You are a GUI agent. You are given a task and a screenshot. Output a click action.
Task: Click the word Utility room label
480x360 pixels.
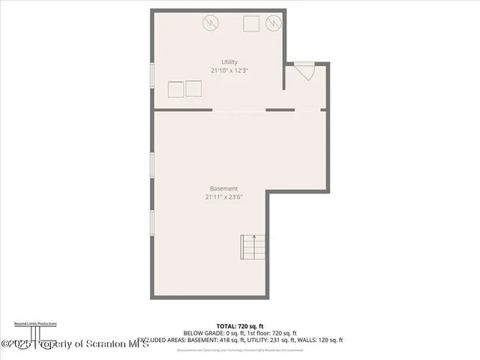pyautogui.click(x=229, y=61)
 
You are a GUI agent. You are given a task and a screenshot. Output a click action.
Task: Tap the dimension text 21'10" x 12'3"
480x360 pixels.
pyautogui.click(x=229, y=70)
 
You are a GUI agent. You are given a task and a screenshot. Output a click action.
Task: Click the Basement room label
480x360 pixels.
pyautogui.click(x=224, y=188)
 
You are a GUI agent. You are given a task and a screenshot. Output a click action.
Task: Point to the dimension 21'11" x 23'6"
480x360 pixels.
pyautogui.click(x=224, y=197)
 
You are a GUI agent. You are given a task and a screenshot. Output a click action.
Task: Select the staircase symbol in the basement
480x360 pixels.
pyautogui.click(x=253, y=247)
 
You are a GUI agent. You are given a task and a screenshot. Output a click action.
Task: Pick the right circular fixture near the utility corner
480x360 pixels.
pyautogui.click(x=274, y=24)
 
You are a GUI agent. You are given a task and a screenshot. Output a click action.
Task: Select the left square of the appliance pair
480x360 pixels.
pyautogui.click(x=176, y=88)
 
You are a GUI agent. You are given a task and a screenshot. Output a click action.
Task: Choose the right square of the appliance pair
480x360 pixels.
pyautogui.click(x=194, y=88)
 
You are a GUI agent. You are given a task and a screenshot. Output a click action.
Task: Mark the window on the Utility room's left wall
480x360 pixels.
pyautogui.click(x=152, y=77)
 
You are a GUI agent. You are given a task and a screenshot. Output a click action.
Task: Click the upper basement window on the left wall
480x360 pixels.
pyautogui.click(x=152, y=165)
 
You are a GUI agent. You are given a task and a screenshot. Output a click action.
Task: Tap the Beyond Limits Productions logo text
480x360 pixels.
pyautogui.click(x=35, y=323)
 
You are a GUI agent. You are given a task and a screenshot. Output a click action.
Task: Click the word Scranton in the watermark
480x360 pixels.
pyautogui.click(x=112, y=343)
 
